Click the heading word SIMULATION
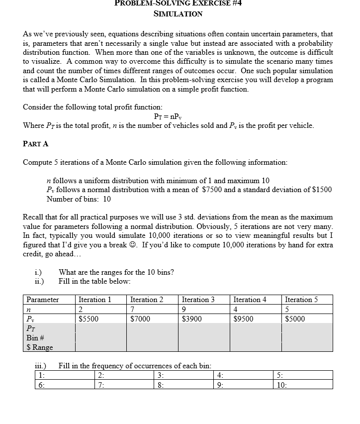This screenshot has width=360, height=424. (x=178, y=13)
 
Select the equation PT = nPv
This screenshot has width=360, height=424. (x=178, y=116)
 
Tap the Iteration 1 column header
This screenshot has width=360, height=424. (x=94, y=300)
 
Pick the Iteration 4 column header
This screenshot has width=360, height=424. (x=250, y=300)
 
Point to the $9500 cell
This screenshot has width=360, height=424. (x=244, y=319)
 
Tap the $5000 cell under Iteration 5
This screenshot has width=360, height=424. (x=295, y=319)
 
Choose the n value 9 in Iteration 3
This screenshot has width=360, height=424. (x=185, y=310)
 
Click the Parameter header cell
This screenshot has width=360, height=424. (x=42, y=300)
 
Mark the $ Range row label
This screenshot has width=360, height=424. (x=39, y=347)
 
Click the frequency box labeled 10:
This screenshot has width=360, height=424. (x=303, y=385)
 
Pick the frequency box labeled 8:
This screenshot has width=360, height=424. (x=184, y=385)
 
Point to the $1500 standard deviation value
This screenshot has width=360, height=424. (x=322, y=190)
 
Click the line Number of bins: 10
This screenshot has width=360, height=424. (x=79, y=199)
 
